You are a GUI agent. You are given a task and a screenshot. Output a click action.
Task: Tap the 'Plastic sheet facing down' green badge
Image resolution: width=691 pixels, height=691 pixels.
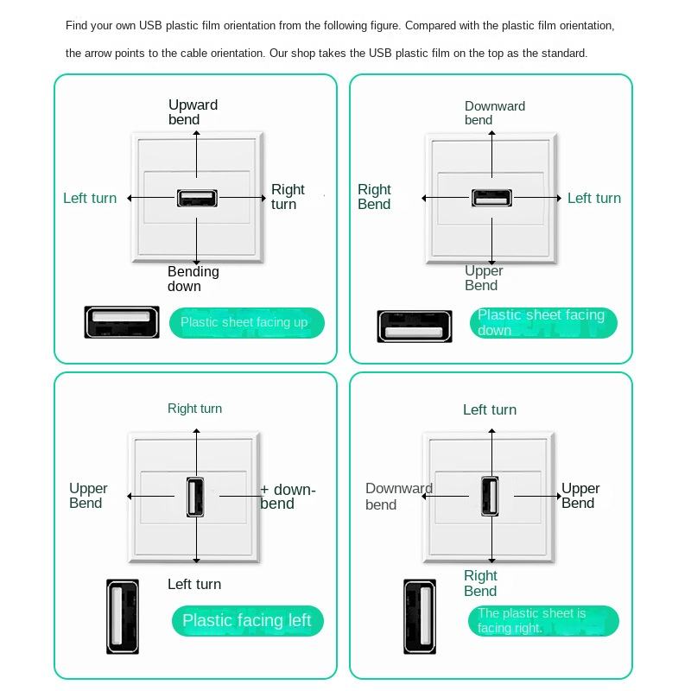543,322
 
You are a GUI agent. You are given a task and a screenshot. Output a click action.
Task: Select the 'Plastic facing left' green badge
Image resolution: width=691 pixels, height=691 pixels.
247,620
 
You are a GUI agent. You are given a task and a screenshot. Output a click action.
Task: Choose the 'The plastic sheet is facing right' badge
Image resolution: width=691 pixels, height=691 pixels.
544,620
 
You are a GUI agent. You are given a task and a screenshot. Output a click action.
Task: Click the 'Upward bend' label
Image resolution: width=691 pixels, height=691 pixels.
193,112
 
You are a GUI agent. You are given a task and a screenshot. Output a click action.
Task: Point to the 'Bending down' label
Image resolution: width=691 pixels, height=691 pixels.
193,278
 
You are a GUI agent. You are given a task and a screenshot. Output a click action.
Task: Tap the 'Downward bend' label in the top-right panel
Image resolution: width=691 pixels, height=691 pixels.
494,113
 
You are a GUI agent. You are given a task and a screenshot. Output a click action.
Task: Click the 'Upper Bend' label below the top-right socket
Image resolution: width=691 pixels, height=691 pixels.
484,278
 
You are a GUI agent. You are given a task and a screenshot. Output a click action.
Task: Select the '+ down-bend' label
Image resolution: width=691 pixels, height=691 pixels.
288,497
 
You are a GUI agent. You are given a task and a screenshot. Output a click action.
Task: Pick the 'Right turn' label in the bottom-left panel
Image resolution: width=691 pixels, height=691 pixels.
194,409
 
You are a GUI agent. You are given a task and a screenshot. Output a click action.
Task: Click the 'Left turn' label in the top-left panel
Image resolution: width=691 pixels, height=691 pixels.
90,198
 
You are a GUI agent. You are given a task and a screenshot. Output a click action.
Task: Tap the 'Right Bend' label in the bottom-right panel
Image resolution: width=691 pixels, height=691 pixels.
480,583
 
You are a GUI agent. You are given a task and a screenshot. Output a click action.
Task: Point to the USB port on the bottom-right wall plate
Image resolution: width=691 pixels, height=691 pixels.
489,496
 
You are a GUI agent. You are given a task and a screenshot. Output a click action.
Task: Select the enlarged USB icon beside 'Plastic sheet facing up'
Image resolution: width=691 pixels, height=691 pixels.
121,322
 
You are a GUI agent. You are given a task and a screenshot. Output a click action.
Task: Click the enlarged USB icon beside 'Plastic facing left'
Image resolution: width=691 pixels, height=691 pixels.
122,616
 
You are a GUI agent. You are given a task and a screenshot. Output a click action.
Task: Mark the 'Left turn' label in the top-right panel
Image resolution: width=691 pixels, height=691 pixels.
593,198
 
